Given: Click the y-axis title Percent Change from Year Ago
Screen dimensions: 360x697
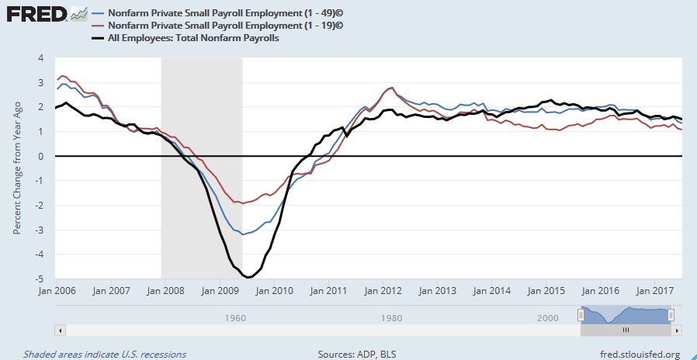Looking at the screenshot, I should click(16, 168).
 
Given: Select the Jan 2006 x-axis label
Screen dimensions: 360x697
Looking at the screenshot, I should click(55, 292).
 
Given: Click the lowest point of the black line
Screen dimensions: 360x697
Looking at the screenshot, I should click(248, 277).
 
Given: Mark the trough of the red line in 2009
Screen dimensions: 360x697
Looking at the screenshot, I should click(242, 203).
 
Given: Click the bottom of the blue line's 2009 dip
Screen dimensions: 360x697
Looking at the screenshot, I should click(243, 234).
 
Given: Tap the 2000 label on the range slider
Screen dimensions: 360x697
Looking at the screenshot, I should click(548, 318).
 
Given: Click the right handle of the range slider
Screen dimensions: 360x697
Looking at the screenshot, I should click(671, 314).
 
